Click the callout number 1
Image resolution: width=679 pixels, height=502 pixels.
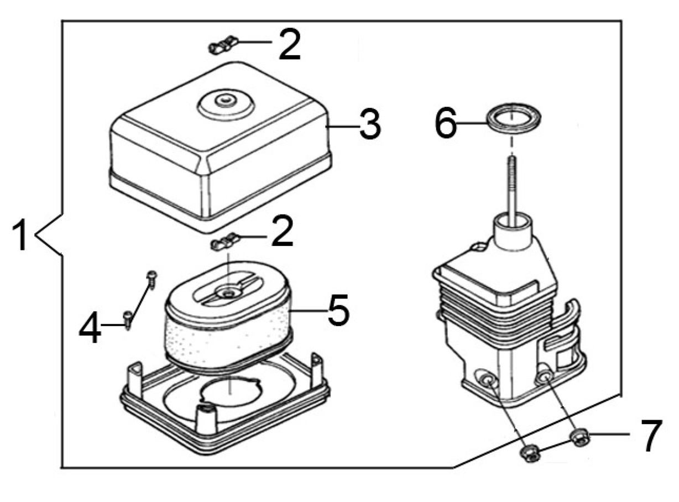point(20,236)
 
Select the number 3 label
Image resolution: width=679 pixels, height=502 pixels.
point(370,125)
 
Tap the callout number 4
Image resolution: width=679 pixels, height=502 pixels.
point(90,327)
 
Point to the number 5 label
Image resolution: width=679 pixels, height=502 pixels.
point(338,310)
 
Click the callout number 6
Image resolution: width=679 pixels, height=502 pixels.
point(446,123)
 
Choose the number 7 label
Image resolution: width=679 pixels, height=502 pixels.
point(651,435)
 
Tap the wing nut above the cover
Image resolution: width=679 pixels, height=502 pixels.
point(223,45)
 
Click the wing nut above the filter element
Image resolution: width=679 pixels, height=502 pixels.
point(225,241)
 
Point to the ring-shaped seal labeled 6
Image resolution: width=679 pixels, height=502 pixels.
point(514,119)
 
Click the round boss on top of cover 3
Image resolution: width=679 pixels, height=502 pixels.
point(226,103)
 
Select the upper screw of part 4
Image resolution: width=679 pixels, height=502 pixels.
point(152,279)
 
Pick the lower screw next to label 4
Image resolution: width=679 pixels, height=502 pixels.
point(128,320)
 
